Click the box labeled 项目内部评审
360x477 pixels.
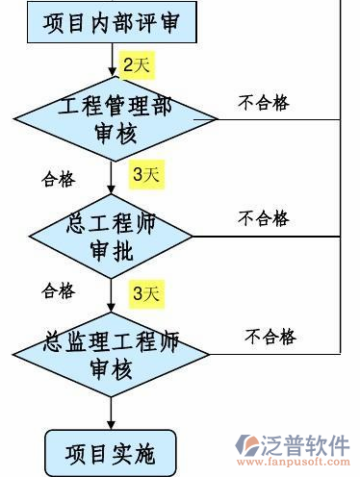112,20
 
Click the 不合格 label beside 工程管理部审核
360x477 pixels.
263,103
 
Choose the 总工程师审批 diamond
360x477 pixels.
113,236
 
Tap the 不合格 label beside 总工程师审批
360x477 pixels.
263,218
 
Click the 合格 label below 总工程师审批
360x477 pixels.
57,289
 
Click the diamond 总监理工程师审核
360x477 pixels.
113,354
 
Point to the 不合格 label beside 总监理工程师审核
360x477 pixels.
270,337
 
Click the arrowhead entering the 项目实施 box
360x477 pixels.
113,423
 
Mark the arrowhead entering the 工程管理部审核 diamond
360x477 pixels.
113,78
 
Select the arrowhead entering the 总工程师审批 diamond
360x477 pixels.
113,191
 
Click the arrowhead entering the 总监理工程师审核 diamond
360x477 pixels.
113,307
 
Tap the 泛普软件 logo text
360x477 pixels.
307,443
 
